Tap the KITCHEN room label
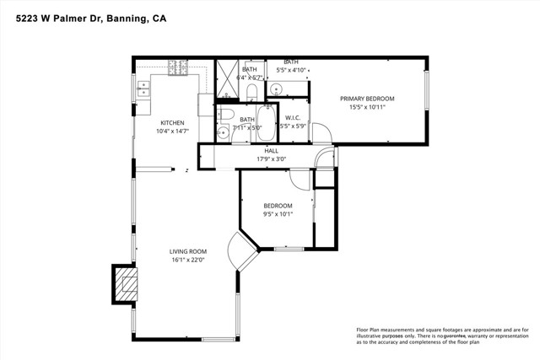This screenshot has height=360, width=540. (172, 122)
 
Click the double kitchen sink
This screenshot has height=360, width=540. (144, 84)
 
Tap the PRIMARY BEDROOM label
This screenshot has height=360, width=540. (367, 99)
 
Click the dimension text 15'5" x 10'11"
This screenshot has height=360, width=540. (367, 108)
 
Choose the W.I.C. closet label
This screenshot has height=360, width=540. (294, 117)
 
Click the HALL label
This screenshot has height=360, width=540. (271, 151)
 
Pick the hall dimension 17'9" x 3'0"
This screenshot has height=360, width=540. (271, 159)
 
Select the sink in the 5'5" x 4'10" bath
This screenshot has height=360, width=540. (278, 88)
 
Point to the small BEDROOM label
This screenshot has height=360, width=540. (278, 206)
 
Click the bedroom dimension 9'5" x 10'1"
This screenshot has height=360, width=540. (278, 214)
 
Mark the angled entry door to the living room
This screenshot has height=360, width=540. (243, 253)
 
